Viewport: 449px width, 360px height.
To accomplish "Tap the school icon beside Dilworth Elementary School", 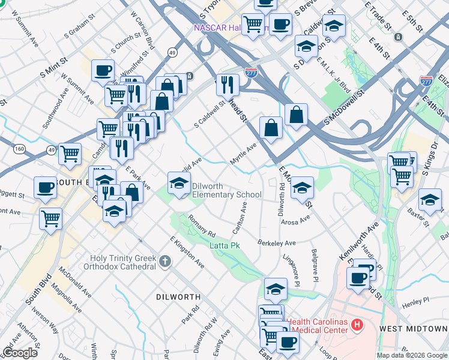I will pyautogui.click(x=178, y=184).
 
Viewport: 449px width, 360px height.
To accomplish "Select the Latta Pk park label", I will pyautogui.click(x=224, y=245).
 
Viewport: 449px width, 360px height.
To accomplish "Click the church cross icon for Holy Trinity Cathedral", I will pyautogui.click(x=166, y=260).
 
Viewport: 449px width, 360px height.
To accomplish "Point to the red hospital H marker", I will pyautogui.click(x=357, y=326).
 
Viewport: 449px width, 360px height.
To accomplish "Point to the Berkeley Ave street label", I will pyautogui.click(x=277, y=243).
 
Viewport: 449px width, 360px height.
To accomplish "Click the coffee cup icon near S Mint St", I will pyautogui.click(x=103, y=70).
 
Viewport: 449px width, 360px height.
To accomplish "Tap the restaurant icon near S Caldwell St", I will pyautogui.click(x=228, y=85).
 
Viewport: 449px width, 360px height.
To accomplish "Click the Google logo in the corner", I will pyautogui.click(x=20, y=353).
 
